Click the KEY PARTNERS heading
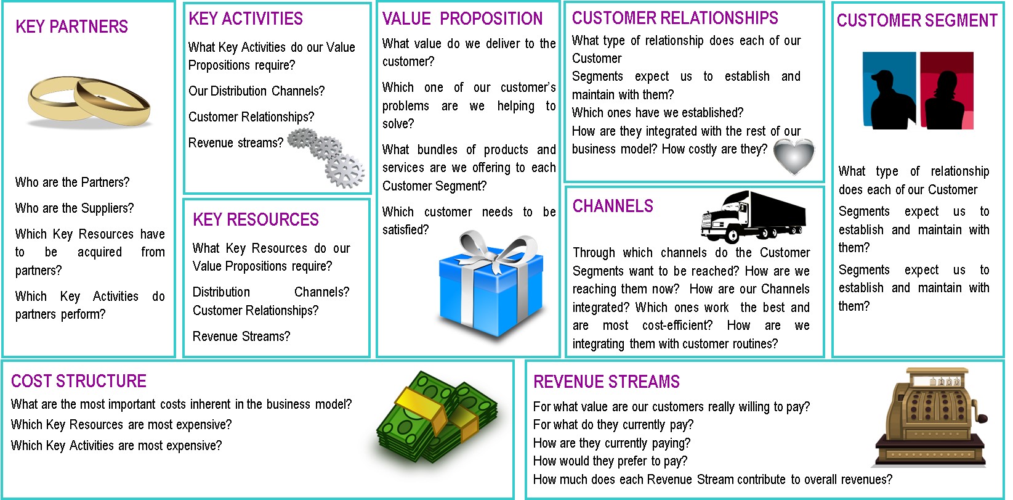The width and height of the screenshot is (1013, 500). point(71,27)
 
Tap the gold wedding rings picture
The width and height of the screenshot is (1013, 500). point(89,102)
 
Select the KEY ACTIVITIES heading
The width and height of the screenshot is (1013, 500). point(246,18)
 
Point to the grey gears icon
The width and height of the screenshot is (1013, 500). point(326,157)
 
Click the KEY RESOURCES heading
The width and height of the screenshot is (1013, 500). point(256,219)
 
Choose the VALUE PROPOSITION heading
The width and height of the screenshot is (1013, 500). point(462,18)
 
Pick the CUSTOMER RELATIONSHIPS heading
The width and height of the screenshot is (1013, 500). point(675,18)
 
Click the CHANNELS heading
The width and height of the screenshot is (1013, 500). point(613,206)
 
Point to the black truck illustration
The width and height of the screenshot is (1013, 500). point(753,216)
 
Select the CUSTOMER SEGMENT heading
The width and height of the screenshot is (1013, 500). point(917,21)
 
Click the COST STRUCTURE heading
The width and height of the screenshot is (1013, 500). point(79,382)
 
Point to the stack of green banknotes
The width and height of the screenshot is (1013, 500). point(437,417)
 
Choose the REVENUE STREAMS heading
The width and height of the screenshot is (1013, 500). point(607,382)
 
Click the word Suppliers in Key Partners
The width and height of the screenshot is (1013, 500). point(107,208)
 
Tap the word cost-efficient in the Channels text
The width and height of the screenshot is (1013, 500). point(677,326)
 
